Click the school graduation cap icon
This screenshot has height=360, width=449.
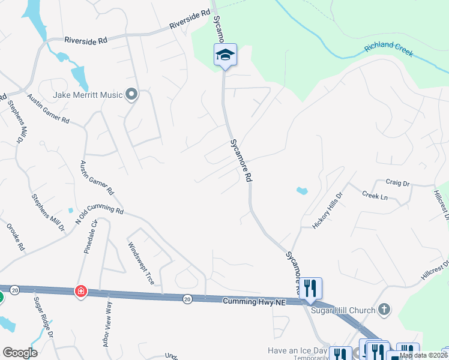point(225,55)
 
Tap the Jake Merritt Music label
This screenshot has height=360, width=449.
point(87,95)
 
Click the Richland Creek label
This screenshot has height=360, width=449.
point(388,49)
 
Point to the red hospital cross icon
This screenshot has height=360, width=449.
point(80,292)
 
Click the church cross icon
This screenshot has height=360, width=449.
point(384,310)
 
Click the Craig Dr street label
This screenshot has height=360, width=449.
point(397,182)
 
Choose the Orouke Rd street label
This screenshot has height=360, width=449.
point(16,237)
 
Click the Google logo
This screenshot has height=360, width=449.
point(20,352)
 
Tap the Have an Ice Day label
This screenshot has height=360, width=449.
point(297,350)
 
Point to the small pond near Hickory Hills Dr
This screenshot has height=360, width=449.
point(302,191)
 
